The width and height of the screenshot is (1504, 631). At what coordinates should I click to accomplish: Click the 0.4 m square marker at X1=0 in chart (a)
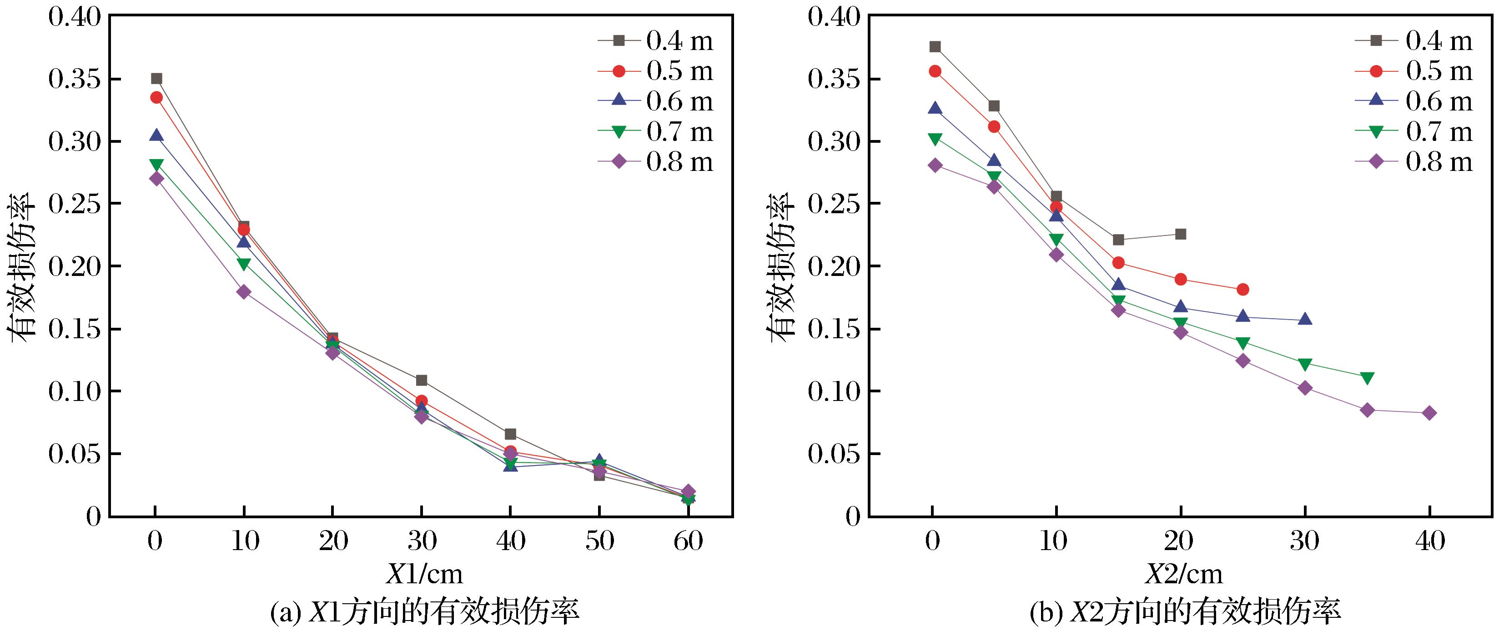[156, 79]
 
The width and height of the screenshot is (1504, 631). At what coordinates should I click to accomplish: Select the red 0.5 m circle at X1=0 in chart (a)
[156, 97]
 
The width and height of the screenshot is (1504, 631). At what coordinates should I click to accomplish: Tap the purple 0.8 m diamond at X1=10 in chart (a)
[244, 292]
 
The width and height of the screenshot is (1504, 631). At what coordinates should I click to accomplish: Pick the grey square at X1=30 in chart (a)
[422, 381]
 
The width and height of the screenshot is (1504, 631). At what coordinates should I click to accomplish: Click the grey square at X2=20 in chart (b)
[1181, 234]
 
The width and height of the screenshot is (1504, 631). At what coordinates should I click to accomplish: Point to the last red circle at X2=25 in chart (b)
[1243, 290]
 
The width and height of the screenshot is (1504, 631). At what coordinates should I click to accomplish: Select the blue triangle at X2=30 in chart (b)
[1305, 319]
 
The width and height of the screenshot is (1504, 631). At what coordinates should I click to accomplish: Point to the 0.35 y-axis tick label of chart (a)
[75, 80]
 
